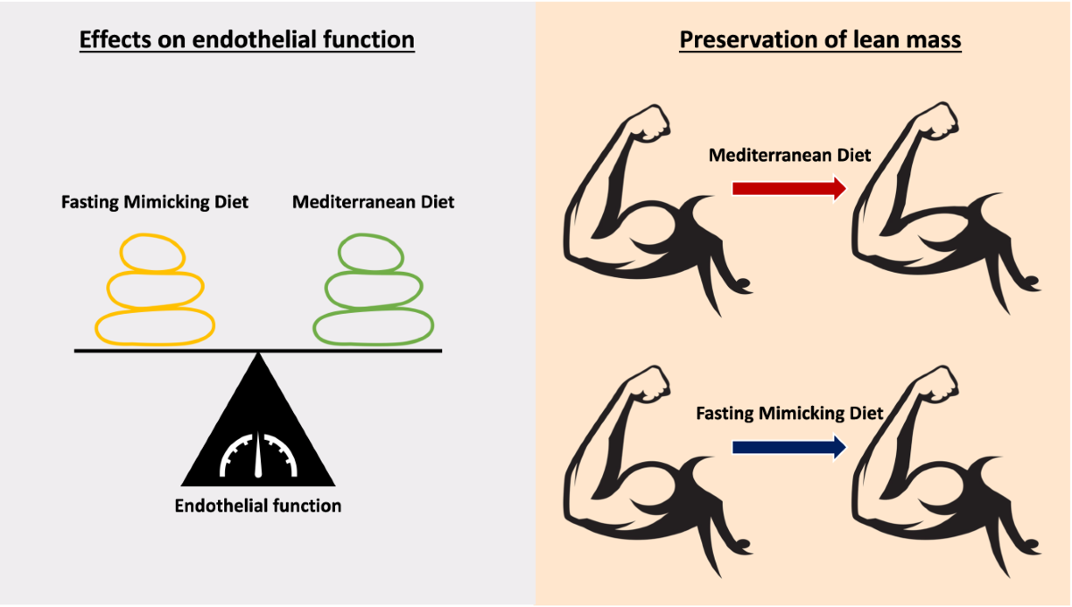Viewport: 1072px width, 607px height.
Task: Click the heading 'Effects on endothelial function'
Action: pyautogui.click(x=247, y=40)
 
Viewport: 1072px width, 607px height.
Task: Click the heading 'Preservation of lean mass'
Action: pyautogui.click(x=820, y=40)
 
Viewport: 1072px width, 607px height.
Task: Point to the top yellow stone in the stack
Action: pyautogui.click(x=154, y=253)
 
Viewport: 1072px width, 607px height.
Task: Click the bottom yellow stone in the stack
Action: pyautogui.click(x=155, y=326)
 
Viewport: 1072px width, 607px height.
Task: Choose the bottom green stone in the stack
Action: pyautogui.click(x=373, y=326)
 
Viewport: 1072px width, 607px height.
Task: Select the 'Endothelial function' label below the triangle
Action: pyautogui.click(x=258, y=506)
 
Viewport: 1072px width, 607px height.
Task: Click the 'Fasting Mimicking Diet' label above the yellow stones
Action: pyautogui.click(x=155, y=202)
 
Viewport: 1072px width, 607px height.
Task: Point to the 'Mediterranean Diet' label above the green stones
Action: pyautogui.click(x=373, y=202)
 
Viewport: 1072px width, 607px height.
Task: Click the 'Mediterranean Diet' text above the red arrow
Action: pyautogui.click(x=790, y=156)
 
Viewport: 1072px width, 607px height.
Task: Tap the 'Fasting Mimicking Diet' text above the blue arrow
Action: pyautogui.click(x=790, y=414)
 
